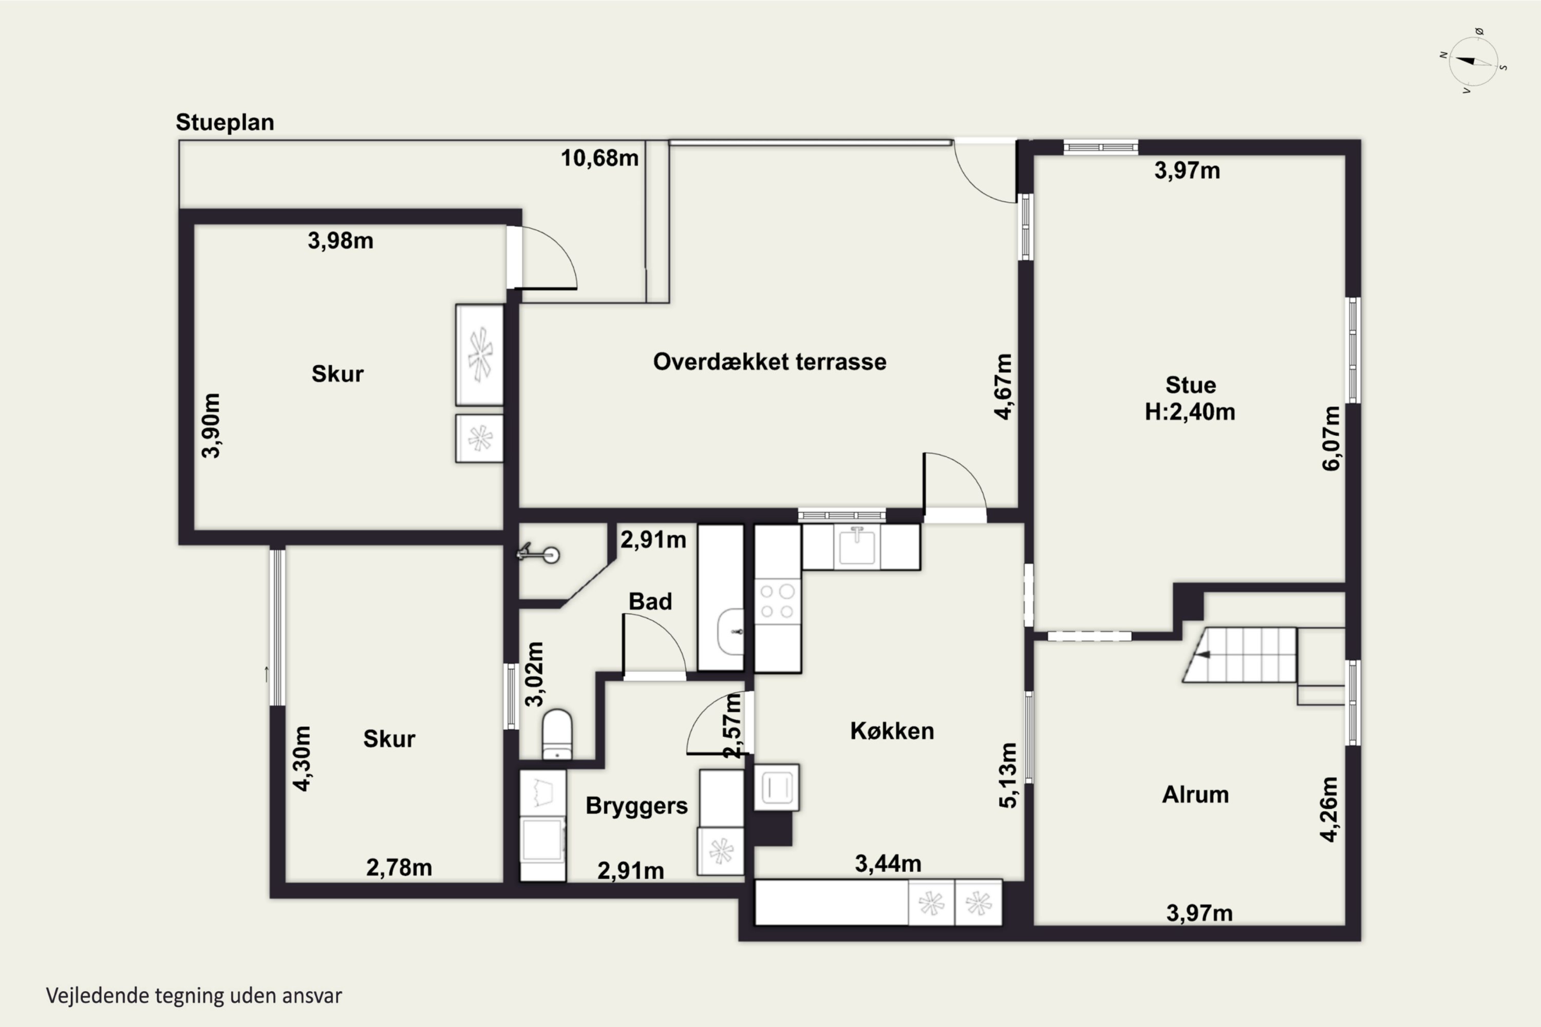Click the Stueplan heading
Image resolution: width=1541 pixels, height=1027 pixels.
pyautogui.click(x=225, y=123)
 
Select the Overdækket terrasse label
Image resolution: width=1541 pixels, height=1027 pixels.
pyautogui.click(x=770, y=362)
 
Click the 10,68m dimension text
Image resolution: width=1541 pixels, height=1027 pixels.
pyautogui.click(x=599, y=158)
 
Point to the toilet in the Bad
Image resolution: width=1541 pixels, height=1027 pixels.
pyautogui.click(x=557, y=734)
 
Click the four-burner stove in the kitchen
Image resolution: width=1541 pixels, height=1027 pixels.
pyautogui.click(x=778, y=601)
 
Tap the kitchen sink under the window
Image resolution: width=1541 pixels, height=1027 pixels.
pyautogui.click(x=857, y=546)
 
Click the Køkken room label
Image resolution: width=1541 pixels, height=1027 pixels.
pyautogui.click(x=892, y=731)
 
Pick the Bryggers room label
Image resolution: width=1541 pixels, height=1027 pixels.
pyautogui.click(x=636, y=806)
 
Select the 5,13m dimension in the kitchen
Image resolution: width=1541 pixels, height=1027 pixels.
pyautogui.click(x=1009, y=775)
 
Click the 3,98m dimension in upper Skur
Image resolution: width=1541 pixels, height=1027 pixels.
pyautogui.click(x=341, y=241)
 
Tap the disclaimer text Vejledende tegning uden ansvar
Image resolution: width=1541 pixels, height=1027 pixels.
pyautogui.click(x=194, y=996)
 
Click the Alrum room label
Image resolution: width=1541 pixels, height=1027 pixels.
pyautogui.click(x=1195, y=794)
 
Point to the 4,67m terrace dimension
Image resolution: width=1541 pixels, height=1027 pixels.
pyautogui.click(x=1004, y=387)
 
